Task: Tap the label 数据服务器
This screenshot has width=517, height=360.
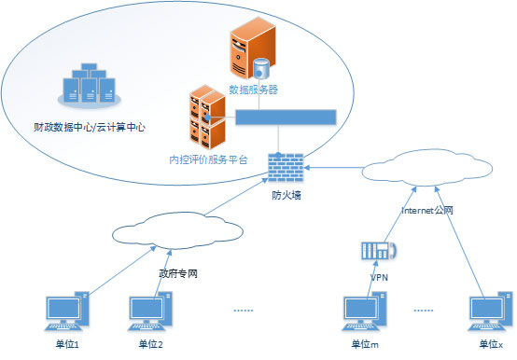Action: point(254,90)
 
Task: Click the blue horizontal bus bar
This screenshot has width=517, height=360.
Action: point(286,118)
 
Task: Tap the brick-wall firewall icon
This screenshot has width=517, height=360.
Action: point(286,169)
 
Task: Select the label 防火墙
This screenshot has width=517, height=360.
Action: point(286,195)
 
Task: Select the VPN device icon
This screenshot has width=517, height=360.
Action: point(379,250)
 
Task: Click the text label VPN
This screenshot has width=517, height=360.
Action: point(379,277)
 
